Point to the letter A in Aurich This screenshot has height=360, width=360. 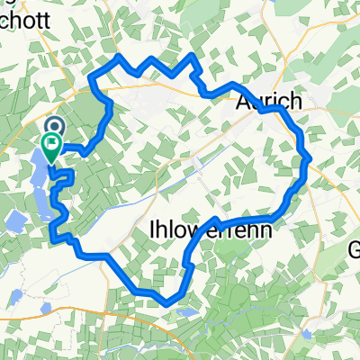[243, 102]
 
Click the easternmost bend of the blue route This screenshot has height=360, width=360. [309, 159]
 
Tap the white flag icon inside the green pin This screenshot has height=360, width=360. [53, 141]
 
